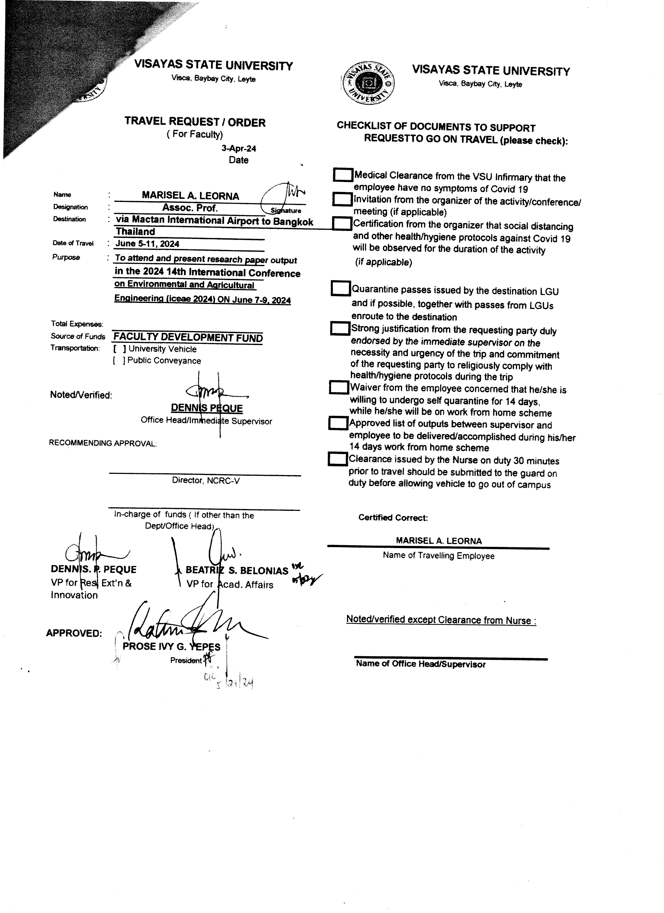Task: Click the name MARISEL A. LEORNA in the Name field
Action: click(190, 196)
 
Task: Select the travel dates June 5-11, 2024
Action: click(147, 244)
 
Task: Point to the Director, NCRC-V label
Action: click(205, 480)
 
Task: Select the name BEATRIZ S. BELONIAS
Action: click(237, 570)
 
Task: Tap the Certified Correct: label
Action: click(393, 518)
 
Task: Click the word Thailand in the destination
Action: click(135, 231)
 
